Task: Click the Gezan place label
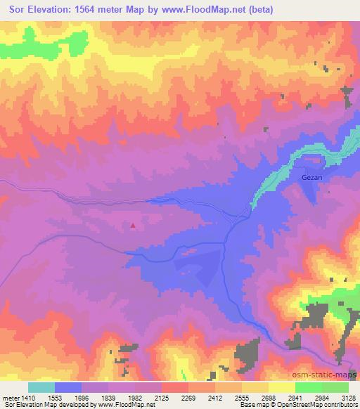[311, 178]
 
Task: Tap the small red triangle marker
[133, 226]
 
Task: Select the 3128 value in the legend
[347, 397]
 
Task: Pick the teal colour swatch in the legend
[41, 387]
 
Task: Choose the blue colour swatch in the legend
[68, 387]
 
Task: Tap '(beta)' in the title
[259, 9]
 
